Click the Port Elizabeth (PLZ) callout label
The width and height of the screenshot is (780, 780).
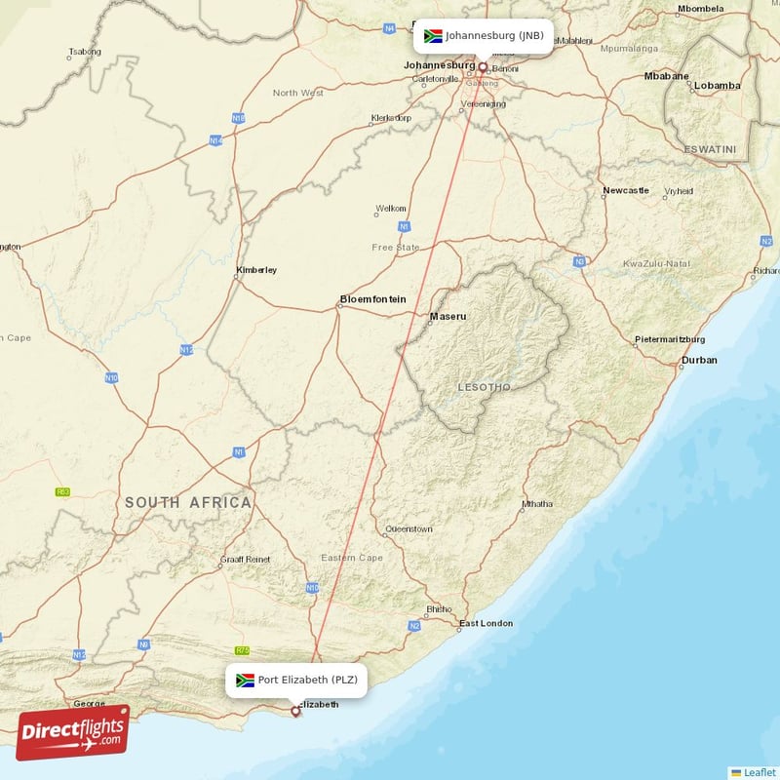[296, 680]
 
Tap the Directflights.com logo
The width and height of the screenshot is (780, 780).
[73, 732]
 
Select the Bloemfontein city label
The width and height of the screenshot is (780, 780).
[372, 299]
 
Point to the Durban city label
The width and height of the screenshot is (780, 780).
[699, 360]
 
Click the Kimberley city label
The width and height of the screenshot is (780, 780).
[256, 270]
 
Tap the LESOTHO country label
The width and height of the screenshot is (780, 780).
[484, 387]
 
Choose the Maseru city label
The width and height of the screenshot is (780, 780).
[448, 316]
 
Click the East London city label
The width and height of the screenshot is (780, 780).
[486, 623]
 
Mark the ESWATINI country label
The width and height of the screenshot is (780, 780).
[709, 150]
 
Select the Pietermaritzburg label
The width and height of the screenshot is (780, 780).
[670, 338]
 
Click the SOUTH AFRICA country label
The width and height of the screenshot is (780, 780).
[188, 502]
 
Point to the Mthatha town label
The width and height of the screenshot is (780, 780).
[537, 504]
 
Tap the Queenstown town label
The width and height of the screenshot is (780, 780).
[409, 528]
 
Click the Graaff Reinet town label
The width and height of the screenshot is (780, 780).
[245, 559]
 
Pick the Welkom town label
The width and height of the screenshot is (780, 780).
[391, 208]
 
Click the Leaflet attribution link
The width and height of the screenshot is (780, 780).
[760, 772]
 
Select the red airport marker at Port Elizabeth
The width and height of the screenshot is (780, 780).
[296, 712]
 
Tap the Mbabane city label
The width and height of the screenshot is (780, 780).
[667, 76]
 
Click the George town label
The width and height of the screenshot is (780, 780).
[89, 702]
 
